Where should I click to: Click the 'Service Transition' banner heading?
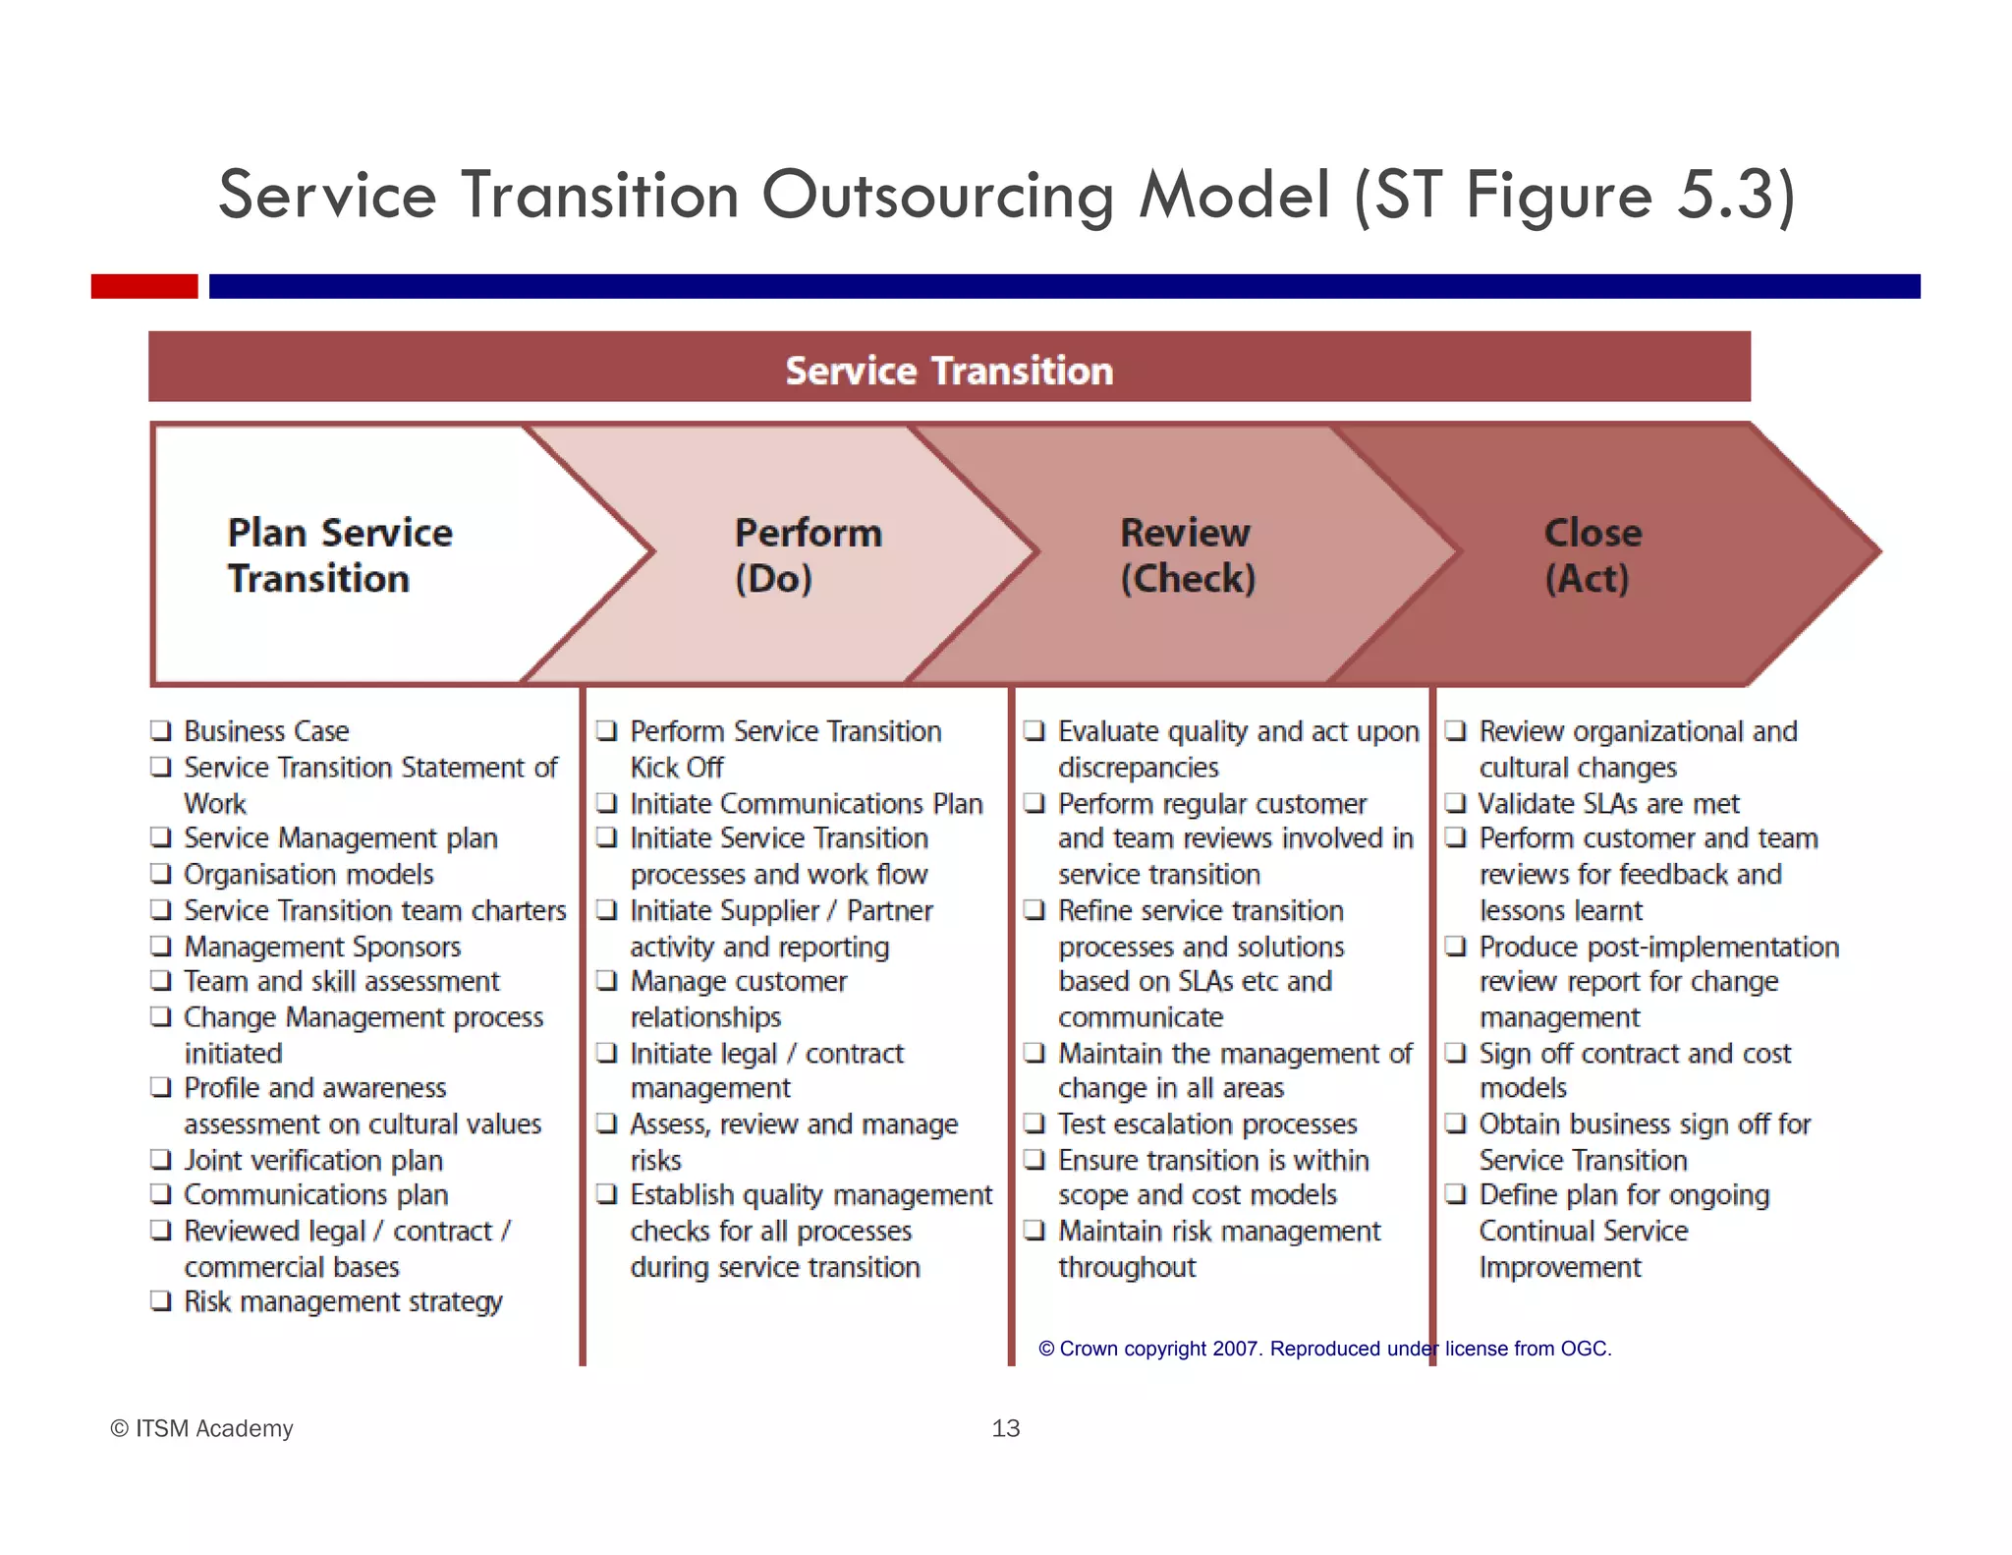click(948, 371)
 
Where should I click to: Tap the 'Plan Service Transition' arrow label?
click(339, 555)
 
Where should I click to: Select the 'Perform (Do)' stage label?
click(808, 555)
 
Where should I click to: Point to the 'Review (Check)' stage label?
click(1187, 555)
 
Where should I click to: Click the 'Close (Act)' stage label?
click(1592, 555)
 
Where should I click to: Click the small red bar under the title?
click(144, 286)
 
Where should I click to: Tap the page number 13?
click(1005, 1428)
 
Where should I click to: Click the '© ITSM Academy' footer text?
click(201, 1428)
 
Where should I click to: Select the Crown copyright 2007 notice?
click(1324, 1349)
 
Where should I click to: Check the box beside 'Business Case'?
click(161, 730)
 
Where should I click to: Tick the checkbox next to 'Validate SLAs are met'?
click(1455, 803)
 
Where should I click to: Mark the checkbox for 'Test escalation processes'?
click(1034, 1123)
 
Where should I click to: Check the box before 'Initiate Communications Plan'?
click(607, 803)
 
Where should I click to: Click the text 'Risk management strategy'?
click(343, 1302)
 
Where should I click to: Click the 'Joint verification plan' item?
click(313, 1161)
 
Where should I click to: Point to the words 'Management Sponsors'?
click(322, 947)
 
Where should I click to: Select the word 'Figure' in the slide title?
click(1559, 195)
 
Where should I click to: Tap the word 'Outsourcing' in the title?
click(938, 195)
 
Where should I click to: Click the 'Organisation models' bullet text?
click(308, 875)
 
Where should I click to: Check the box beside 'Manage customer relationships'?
click(607, 981)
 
